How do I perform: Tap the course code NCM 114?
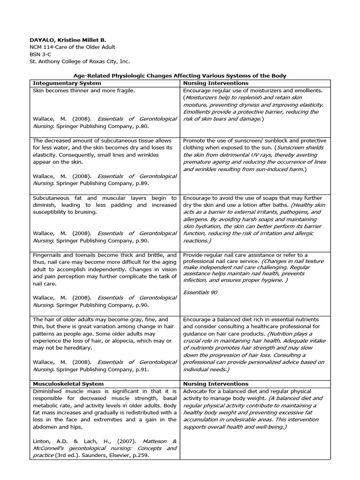pyautogui.click(x=43, y=47)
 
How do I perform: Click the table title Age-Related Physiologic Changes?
pyautogui.click(x=180, y=75)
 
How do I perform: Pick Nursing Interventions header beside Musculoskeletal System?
pyautogui.click(x=216, y=383)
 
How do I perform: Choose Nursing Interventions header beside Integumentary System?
pyautogui.click(x=216, y=83)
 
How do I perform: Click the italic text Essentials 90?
pyautogui.click(x=200, y=292)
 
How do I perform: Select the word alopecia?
pyautogui.click(x=120, y=340)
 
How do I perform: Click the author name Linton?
pyautogui.click(x=41, y=441)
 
